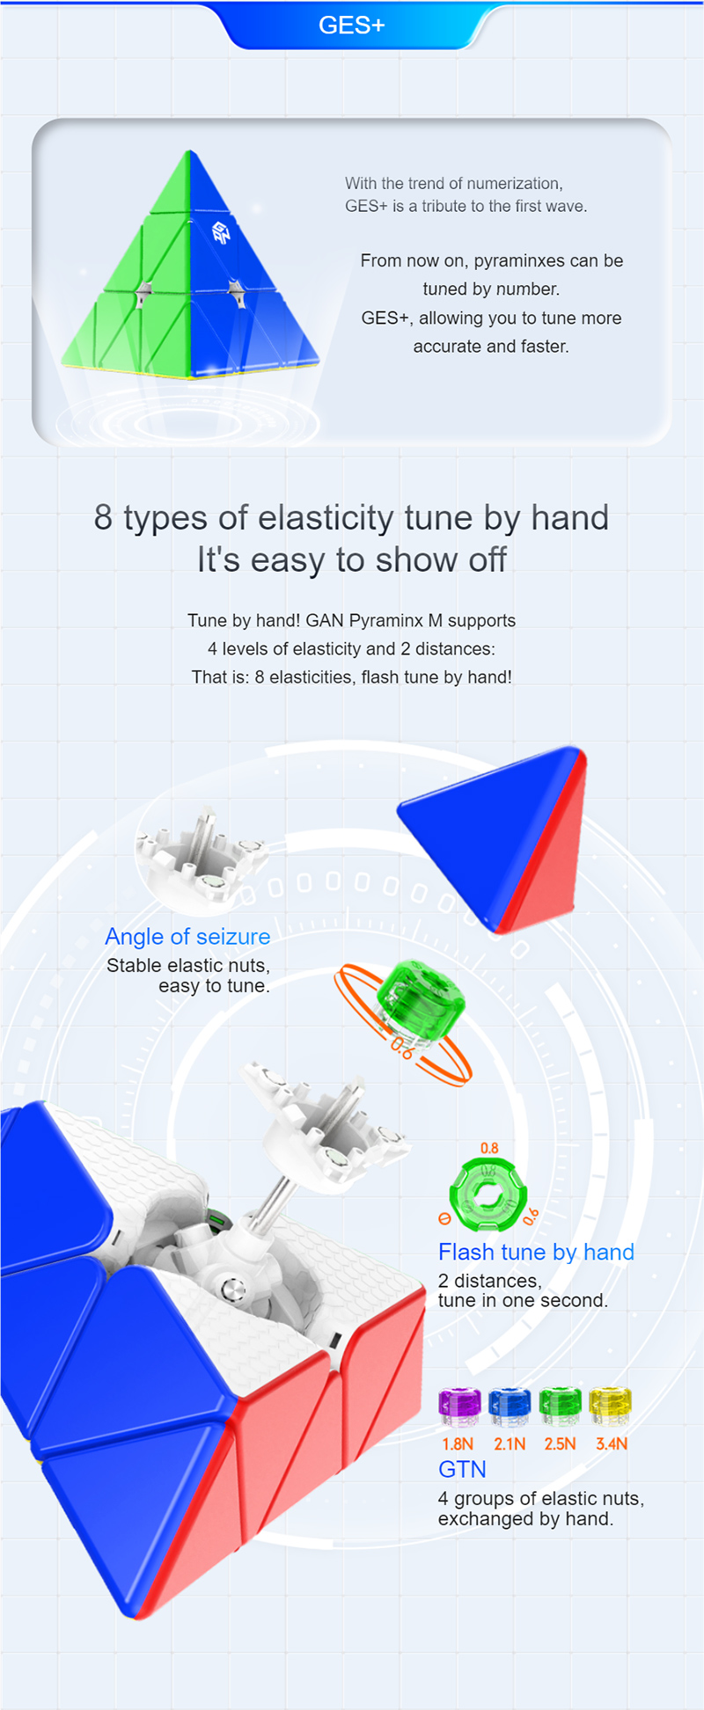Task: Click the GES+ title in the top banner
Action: (x=351, y=25)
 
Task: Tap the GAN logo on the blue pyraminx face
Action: (x=221, y=232)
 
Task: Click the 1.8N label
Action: (x=458, y=1443)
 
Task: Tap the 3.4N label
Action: (x=612, y=1443)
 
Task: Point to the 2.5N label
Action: (x=560, y=1443)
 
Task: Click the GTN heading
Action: (x=462, y=1469)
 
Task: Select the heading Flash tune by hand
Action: (x=536, y=1252)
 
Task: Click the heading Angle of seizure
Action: (x=187, y=937)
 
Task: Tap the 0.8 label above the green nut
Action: (x=489, y=1148)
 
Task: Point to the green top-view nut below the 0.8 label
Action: (x=488, y=1195)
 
